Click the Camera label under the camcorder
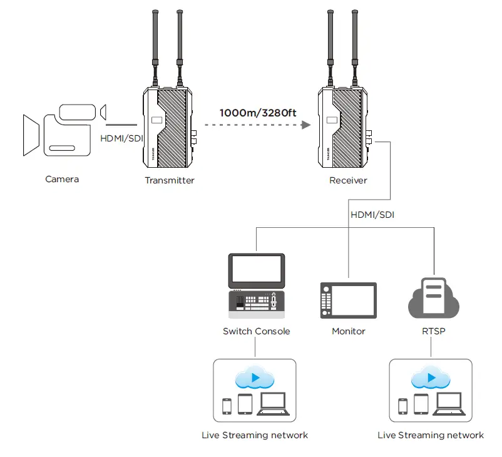coord(62,180)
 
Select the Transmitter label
coord(170,180)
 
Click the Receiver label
coord(348,180)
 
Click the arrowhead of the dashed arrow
coord(306,125)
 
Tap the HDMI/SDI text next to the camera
coord(121,138)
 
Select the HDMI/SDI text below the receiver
coord(372,215)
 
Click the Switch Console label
coord(256,331)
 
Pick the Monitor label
coord(349,331)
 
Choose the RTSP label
coord(433,331)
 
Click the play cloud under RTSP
coord(431,379)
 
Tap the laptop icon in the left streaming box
coord(273,404)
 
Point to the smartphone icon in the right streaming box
coord(402,406)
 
